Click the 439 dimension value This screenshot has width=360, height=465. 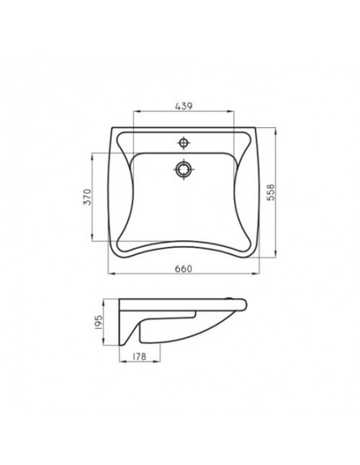(184, 106)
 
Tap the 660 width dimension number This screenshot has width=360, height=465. (183, 268)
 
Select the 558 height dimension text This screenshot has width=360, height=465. (271, 193)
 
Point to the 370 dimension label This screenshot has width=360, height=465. (88, 197)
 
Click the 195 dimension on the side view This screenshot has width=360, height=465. (99, 322)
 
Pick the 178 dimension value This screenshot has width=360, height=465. (139, 356)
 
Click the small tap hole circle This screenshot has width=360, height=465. (184, 143)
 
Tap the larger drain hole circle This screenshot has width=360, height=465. (184, 170)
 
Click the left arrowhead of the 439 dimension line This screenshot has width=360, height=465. (136, 111)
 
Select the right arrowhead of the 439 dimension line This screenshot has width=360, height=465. (231, 111)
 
